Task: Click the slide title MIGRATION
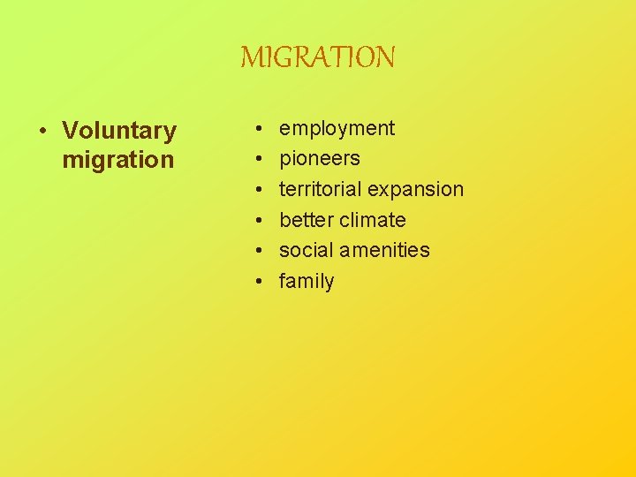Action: [x=318, y=58]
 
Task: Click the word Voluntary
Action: [x=119, y=131]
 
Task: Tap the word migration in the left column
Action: [x=118, y=161]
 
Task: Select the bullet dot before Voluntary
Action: [x=42, y=132]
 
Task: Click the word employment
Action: [x=337, y=129]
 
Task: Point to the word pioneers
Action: [x=320, y=159]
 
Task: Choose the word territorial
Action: [x=320, y=189]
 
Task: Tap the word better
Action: [x=305, y=220]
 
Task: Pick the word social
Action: [x=305, y=250]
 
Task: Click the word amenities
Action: [x=388, y=250]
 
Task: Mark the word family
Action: [x=307, y=282]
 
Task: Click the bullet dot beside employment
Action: [x=257, y=129]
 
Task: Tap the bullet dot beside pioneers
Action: [x=257, y=159]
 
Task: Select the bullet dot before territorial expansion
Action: [x=257, y=190]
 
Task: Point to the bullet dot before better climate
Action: [x=257, y=220]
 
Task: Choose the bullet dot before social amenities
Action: [x=257, y=251]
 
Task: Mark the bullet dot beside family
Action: [x=257, y=282]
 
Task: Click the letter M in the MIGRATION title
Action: [x=250, y=58]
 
